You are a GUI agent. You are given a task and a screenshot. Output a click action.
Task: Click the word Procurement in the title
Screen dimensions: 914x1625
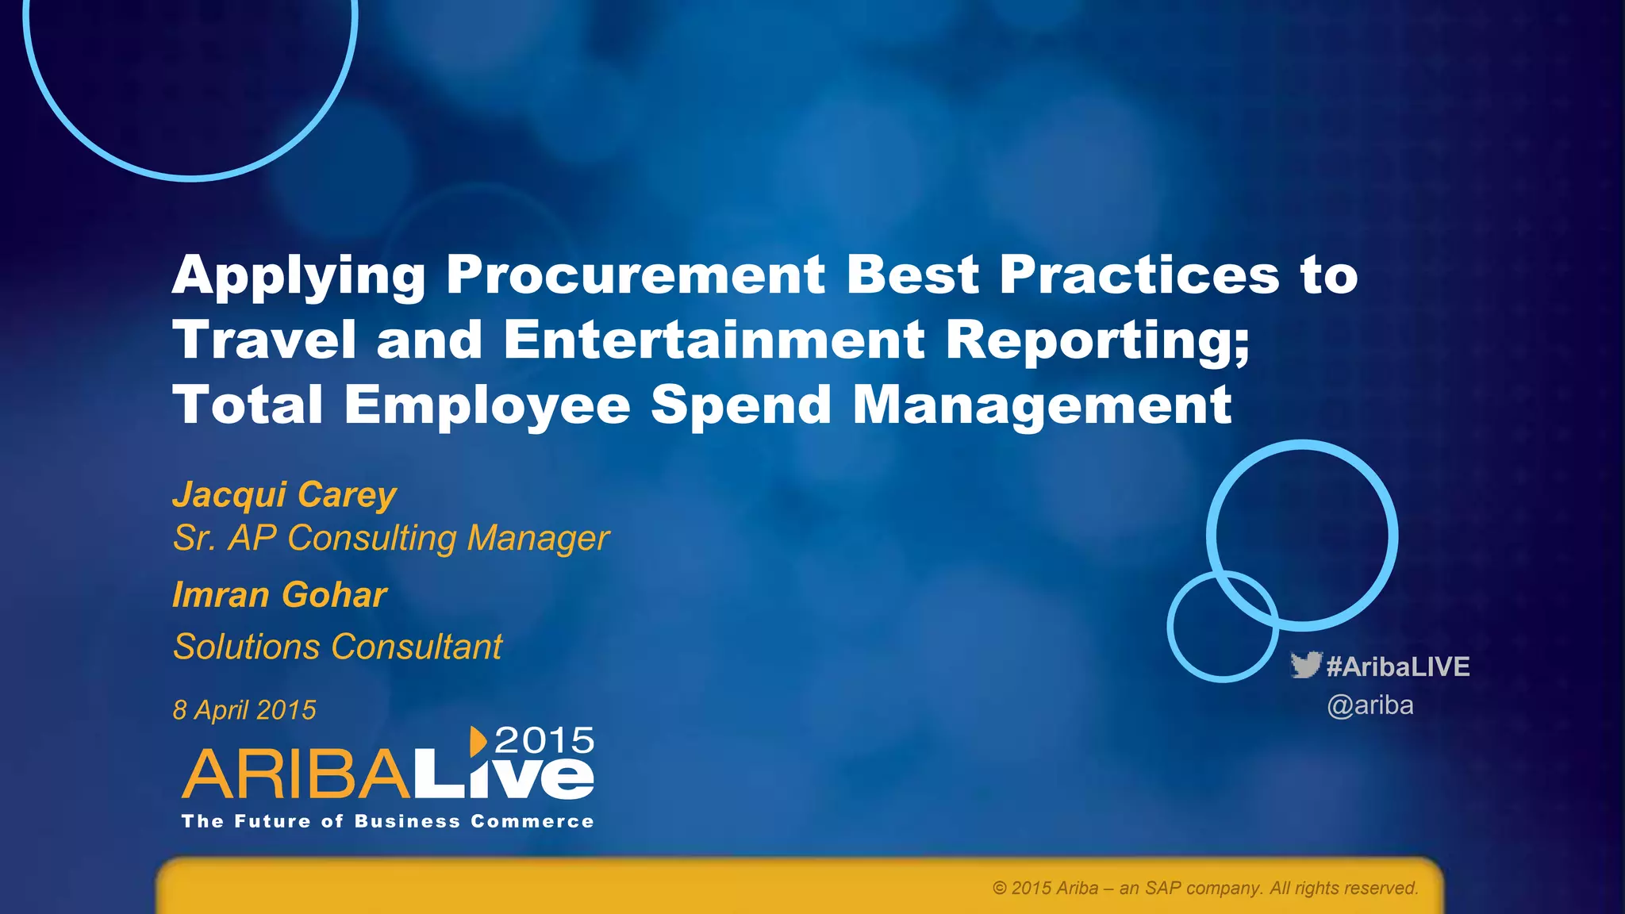point(636,275)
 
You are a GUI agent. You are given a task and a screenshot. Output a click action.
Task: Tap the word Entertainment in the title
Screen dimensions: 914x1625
point(713,340)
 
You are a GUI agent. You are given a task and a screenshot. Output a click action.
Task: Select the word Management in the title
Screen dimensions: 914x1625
point(1042,405)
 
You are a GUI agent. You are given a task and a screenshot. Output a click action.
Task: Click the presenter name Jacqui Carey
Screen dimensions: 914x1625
point(284,494)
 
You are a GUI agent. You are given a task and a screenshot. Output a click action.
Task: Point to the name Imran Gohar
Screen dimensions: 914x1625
point(279,595)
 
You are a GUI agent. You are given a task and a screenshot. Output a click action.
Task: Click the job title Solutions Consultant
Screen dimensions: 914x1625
point(337,647)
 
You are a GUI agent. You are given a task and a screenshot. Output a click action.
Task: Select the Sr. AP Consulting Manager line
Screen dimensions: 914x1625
point(390,538)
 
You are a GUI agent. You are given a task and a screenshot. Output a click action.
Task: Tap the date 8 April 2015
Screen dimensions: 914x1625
point(244,710)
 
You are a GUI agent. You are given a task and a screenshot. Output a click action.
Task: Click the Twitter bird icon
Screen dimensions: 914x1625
point(1305,665)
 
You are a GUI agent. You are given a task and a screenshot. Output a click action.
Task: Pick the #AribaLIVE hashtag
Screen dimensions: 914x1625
point(1398,666)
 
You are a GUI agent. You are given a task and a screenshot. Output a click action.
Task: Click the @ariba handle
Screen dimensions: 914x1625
point(1370,705)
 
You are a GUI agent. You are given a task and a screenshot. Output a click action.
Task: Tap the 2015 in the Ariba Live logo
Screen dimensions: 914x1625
point(544,741)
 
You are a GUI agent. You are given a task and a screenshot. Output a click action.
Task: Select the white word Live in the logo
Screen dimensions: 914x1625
point(503,776)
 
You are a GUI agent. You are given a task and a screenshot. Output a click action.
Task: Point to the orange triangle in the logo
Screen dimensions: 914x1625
point(478,741)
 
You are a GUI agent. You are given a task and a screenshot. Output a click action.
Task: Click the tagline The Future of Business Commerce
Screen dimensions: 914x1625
point(387,822)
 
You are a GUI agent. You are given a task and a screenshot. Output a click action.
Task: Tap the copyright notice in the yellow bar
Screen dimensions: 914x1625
point(1204,889)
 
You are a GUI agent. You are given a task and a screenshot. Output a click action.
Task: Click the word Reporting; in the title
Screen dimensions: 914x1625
point(1097,340)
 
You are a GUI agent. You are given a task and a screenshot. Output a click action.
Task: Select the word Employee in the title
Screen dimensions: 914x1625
point(487,405)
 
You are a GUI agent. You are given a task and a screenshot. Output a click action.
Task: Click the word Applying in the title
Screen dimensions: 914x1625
point(299,275)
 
